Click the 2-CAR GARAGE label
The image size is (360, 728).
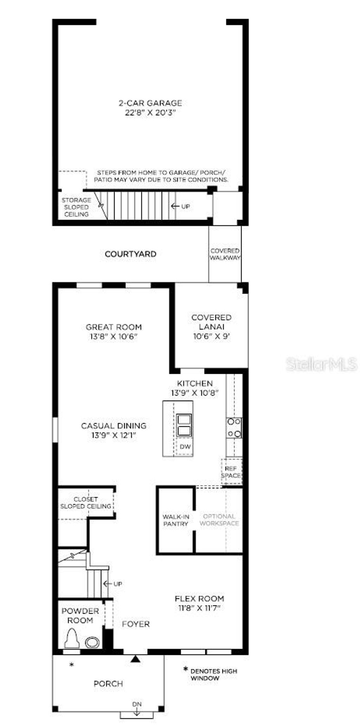(150, 103)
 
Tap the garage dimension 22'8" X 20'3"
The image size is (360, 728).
(150, 113)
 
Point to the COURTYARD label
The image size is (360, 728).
(130, 254)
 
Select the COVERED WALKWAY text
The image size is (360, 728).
(225, 254)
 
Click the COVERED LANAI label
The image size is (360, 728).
(211, 322)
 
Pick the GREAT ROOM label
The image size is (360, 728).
(114, 327)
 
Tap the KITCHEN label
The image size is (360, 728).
(195, 383)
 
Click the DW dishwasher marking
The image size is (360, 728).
(185, 447)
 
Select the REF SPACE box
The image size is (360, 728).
(231, 472)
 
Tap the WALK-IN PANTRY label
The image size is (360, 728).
(176, 520)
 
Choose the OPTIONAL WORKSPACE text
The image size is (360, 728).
(219, 520)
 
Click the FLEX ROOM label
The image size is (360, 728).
(199, 599)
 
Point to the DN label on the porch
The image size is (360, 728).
(137, 704)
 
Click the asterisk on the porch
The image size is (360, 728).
(72, 664)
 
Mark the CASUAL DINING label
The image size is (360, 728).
(114, 426)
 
